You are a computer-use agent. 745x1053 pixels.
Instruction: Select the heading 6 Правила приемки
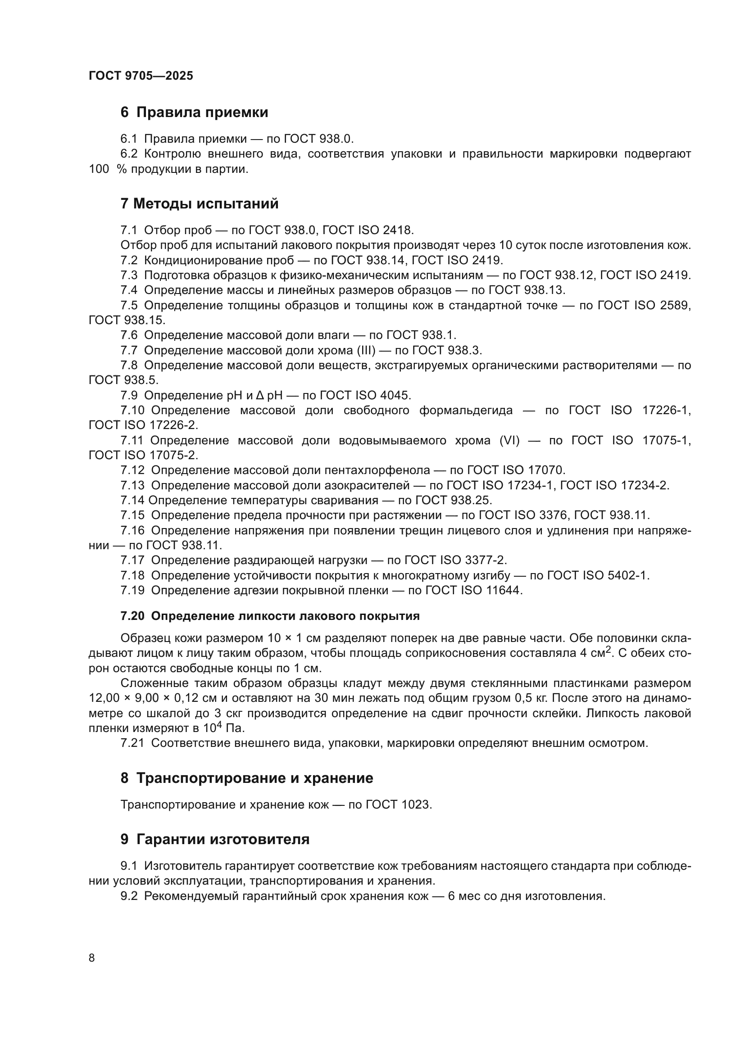194,113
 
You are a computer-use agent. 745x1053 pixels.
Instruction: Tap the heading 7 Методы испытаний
199,203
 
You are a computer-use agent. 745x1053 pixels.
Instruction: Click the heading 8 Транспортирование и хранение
247,778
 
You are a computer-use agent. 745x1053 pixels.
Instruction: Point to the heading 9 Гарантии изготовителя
215,839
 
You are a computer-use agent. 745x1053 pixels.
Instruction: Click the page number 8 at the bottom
92,958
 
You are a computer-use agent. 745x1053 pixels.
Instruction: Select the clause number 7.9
129,395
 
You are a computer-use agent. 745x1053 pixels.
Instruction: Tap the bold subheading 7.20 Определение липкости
270,616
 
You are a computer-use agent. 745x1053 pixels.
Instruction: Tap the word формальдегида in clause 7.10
466,411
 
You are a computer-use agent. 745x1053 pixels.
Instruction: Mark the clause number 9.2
129,896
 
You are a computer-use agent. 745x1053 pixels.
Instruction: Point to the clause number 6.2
129,154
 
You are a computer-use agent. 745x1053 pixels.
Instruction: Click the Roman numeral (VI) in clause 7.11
509,441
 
